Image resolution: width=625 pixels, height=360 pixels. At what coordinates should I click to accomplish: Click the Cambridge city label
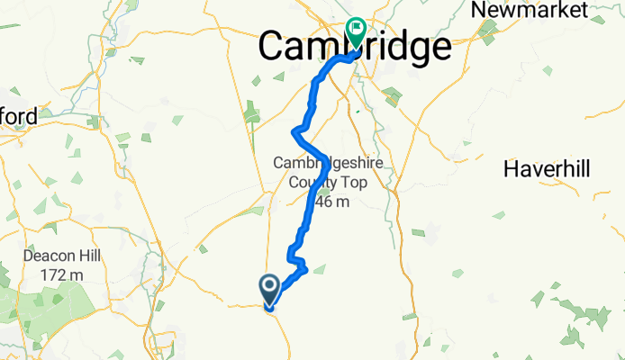click(x=356, y=48)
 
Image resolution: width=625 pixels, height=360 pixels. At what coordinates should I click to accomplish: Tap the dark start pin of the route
click(x=270, y=289)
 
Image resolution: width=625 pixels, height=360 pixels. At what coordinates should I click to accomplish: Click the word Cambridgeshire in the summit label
click(x=329, y=163)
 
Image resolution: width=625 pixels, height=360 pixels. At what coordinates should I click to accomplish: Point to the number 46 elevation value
click(x=322, y=202)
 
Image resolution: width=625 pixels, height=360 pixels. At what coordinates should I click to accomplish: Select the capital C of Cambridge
click(x=275, y=48)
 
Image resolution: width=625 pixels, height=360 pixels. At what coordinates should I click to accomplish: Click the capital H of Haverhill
click(x=512, y=168)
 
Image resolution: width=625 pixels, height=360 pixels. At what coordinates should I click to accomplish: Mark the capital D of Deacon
click(x=29, y=256)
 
